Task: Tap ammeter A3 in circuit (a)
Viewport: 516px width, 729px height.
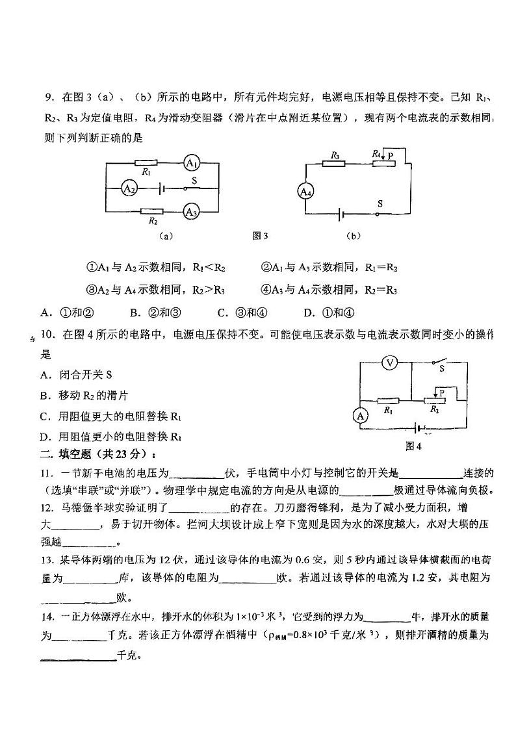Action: [190, 211]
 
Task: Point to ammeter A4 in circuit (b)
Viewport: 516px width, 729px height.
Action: [305, 191]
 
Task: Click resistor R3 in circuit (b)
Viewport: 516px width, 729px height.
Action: [335, 162]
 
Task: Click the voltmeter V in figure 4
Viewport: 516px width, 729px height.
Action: [389, 363]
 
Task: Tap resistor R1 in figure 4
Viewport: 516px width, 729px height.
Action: [388, 402]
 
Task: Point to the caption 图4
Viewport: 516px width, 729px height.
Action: [413, 446]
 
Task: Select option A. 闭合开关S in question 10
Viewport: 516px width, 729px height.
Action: [76, 375]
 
